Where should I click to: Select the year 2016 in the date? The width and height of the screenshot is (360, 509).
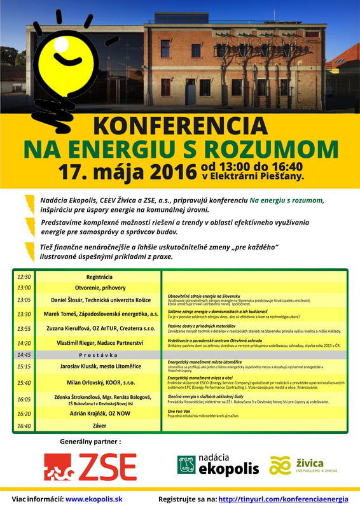170,171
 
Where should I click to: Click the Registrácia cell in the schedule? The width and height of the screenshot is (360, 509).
99,277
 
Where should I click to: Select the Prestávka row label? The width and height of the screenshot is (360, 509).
99,354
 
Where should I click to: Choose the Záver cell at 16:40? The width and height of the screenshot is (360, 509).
99,426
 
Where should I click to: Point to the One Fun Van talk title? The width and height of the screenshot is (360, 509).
181,410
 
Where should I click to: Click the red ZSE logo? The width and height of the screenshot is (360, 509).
90,466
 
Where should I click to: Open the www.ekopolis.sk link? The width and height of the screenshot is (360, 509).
94,499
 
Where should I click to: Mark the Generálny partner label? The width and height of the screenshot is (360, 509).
90,440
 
